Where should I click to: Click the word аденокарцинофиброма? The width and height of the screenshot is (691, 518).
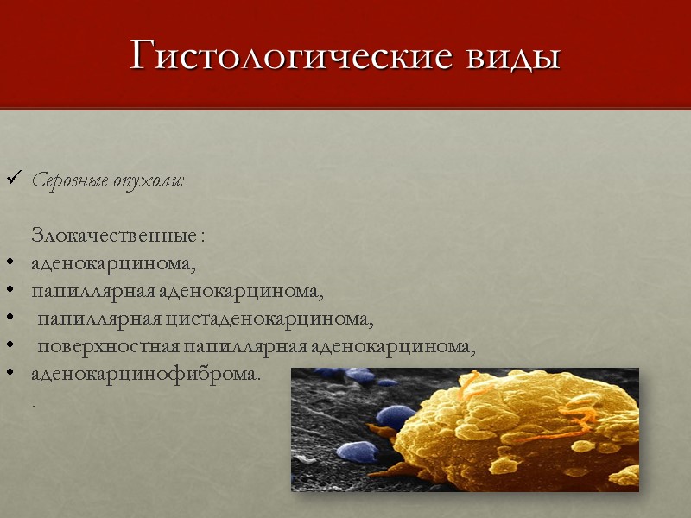(144, 376)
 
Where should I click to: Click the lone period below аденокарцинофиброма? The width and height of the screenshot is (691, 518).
(34, 404)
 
